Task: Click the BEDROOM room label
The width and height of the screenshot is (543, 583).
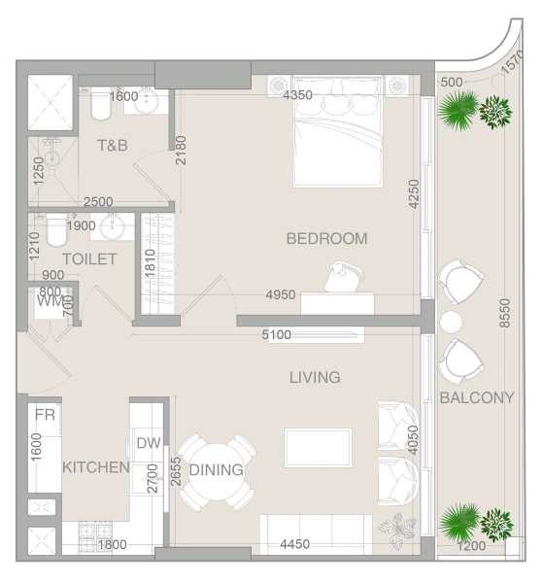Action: pos(326,238)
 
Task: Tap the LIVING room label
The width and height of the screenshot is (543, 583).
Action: pos(315,377)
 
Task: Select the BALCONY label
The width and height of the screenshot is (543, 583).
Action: pos(477,397)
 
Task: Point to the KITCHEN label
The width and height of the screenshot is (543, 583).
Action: pos(96,467)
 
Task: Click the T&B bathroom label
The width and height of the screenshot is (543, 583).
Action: pos(113,145)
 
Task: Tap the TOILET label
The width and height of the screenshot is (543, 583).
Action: pos(89,259)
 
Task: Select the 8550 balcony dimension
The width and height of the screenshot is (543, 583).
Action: pos(505,313)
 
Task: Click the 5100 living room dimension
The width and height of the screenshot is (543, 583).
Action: pos(276,334)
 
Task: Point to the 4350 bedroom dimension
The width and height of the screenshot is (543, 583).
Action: pos(297,95)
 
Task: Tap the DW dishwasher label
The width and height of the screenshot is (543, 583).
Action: pos(149,443)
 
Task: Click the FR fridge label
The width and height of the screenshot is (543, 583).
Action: pos(45,415)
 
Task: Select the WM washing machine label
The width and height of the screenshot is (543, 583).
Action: pos(51,300)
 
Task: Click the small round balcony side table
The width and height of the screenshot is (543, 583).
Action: pos(451,322)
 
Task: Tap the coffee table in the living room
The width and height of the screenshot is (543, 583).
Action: pos(318,448)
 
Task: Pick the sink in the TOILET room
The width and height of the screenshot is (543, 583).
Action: pos(113,226)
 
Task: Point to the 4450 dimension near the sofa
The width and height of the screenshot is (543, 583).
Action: pos(294,544)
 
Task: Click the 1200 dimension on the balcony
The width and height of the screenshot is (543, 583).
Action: pos(471,546)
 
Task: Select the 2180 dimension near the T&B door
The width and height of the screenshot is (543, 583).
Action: pos(181,151)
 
